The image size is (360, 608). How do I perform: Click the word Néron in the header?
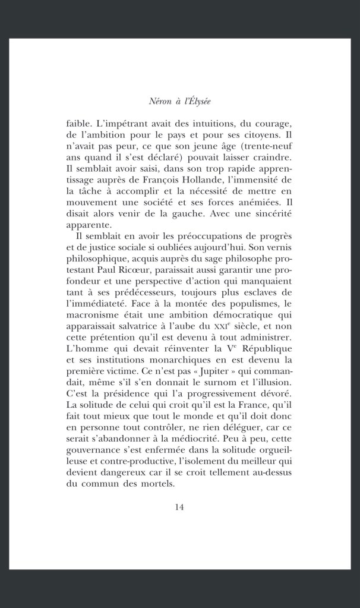[160, 102]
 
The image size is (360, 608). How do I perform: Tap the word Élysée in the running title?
[198, 102]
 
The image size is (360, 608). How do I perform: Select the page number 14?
[179, 506]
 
